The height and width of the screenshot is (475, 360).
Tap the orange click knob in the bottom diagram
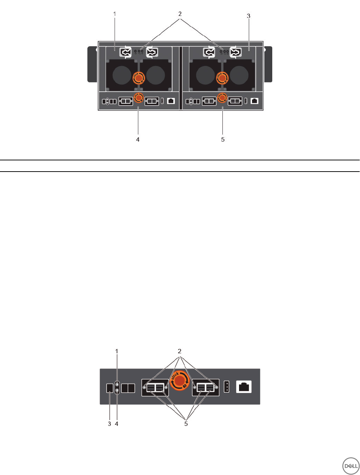[179, 381]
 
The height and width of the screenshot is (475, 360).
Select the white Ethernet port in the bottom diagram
[244, 387]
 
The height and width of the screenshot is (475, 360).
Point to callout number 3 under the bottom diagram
[109, 424]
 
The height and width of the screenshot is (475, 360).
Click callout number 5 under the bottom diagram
[186, 424]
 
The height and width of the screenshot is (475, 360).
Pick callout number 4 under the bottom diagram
[117, 424]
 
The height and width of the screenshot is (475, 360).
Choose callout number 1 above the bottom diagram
[117, 351]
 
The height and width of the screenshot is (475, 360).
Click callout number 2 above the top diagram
[180, 14]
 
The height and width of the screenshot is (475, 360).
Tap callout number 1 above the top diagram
[115, 14]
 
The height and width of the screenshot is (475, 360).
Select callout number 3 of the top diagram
[248, 16]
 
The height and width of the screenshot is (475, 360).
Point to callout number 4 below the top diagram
[138, 139]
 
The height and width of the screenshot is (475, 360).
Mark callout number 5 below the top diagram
[223, 139]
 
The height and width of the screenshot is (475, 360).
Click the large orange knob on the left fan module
[138, 77]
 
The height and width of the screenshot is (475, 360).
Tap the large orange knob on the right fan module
[221, 77]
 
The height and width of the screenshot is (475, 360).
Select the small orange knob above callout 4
[138, 97]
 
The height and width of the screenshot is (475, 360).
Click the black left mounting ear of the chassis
[92, 64]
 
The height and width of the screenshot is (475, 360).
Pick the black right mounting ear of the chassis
[268, 64]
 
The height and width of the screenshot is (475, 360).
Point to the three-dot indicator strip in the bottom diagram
[226, 387]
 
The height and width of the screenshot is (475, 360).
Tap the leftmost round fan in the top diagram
[122, 75]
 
